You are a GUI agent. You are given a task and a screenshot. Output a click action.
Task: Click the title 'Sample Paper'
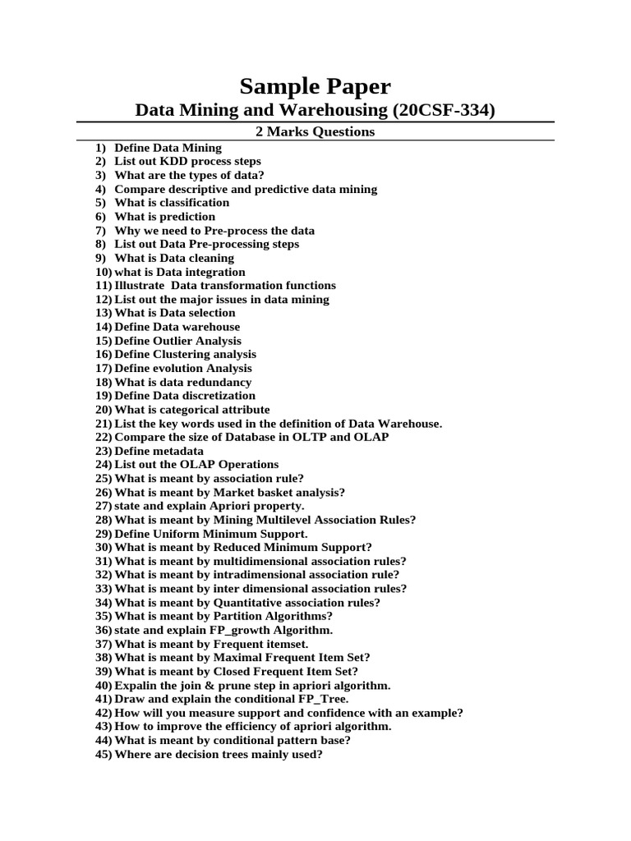tap(315, 86)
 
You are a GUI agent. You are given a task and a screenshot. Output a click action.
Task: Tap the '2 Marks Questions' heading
tap(315, 131)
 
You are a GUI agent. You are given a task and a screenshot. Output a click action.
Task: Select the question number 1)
tap(101, 148)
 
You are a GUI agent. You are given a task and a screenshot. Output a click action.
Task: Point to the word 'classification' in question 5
tap(196, 203)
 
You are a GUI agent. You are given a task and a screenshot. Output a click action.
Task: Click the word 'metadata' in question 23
tap(178, 451)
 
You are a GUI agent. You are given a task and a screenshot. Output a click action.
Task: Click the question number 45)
tap(104, 754)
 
